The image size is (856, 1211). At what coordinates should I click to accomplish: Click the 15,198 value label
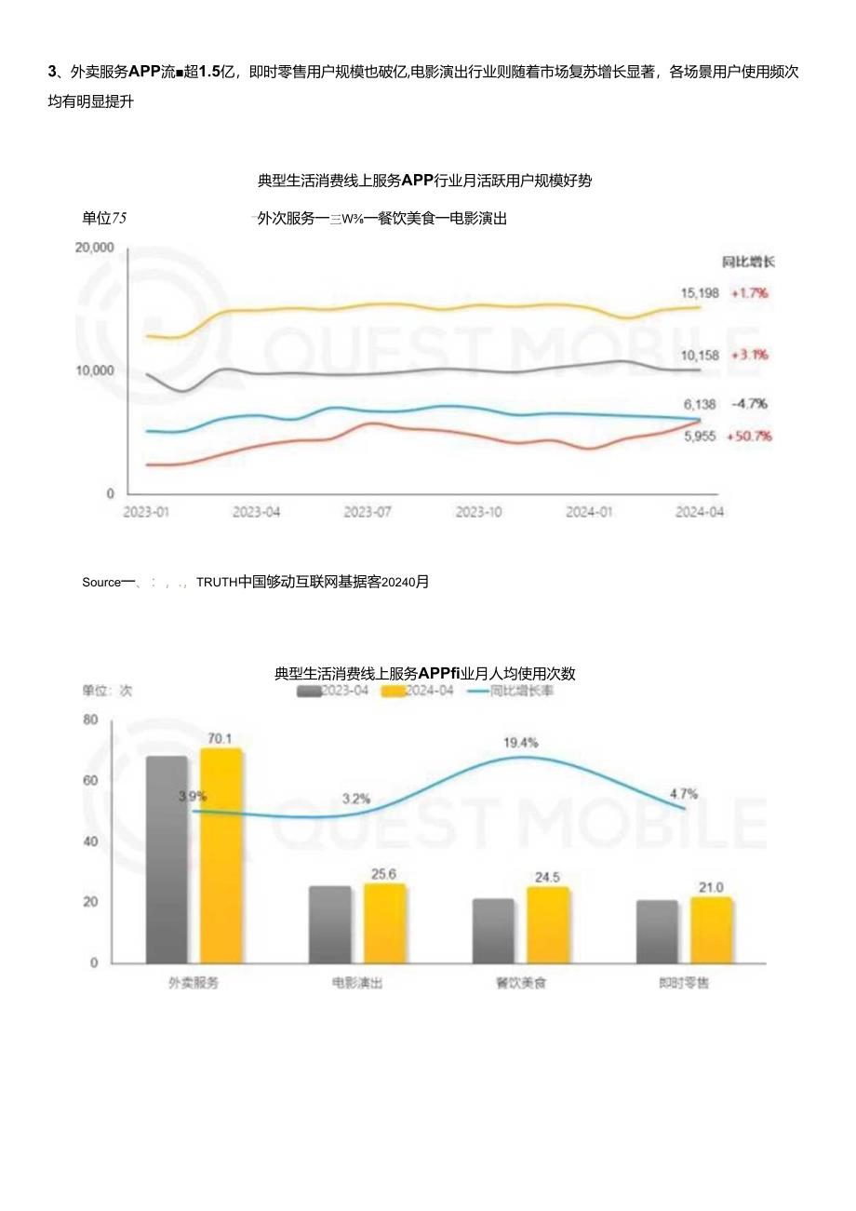click(700, 293)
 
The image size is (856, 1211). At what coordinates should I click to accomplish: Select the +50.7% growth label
click(752, 436)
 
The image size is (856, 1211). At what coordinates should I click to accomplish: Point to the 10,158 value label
click(700, 355)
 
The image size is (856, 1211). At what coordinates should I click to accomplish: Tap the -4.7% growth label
click(750, 404)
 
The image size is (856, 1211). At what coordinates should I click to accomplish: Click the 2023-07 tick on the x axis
click(367, 512)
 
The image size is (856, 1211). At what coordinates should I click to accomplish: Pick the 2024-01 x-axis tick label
click(588, 512)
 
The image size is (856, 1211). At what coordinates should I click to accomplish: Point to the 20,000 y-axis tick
click(94, 248)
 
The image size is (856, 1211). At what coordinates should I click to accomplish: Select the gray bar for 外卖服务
click(167, 858)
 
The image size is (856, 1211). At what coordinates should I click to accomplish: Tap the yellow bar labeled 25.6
click(384, 922)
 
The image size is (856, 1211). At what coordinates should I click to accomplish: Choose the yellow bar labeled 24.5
click(547, 924)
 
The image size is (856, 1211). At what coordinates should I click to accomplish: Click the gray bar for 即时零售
click(657, 931)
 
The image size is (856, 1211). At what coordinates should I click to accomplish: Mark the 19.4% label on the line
click(521, 743)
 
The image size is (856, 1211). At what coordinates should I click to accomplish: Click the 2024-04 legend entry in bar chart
click(419, 692)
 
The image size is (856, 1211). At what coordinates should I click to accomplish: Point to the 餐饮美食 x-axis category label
click(521, 983)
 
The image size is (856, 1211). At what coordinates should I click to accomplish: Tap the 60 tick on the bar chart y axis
click(90, 781)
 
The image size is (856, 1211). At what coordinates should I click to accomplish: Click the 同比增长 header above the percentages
click(749, 262)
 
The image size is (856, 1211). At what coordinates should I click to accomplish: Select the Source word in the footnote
click(101, 582)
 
